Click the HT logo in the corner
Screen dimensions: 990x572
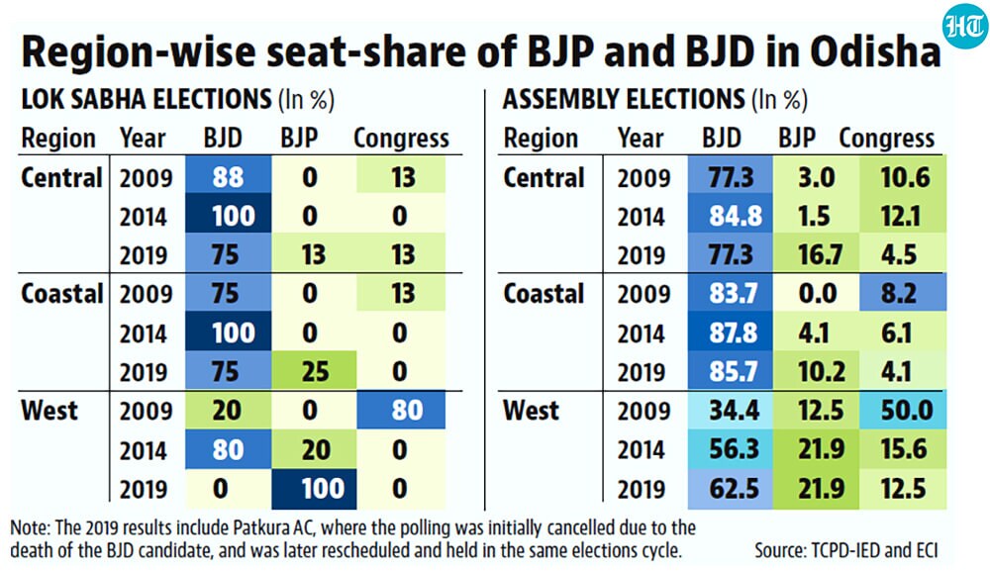[964, 27]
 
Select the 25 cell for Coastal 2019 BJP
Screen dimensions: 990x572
[314, 370]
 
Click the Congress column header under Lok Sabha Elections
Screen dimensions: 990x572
[401, 139]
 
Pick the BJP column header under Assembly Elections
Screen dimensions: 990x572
[797, 138]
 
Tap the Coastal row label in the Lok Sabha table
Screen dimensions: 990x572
[61, 294]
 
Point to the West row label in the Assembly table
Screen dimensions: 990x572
[531, 411]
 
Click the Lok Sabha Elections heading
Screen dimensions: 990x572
[147, 100]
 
